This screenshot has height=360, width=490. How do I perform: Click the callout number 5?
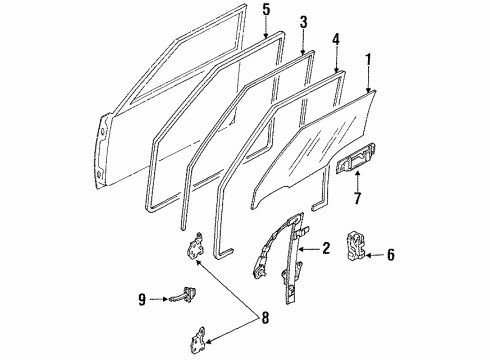(x=266, y=10)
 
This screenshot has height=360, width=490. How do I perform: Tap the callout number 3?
(x=303, y=22)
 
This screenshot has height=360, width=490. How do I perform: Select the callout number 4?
(x=336, y=40)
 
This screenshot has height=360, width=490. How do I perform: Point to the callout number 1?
(x=368, y=60)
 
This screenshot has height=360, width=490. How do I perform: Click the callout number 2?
(x=326, y=248)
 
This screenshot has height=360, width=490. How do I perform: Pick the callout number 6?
(x=391, y=255)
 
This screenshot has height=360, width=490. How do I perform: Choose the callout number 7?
(x=357, y=198)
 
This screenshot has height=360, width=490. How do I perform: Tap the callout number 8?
(x=265, y=318)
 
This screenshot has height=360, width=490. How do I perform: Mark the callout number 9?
(x=142, y=299)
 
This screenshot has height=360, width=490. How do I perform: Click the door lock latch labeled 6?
(x=356, y=246)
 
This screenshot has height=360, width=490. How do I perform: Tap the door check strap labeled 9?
(x=184, y=295)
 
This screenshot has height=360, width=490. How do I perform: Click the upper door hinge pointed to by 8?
(x=196, y=245)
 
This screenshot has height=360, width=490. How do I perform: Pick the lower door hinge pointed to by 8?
(x=198, y=340)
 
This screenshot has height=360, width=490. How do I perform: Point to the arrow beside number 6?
(x=375, y=256)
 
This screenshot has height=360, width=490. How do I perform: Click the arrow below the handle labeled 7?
(x=358, y=181)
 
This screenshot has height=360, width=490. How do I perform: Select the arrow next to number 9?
(x=158, y=299)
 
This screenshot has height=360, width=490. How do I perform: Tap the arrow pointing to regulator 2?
(x=309, y=249)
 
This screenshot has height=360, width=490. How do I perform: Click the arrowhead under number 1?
(x=369, y=90)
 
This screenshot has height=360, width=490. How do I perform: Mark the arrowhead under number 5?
(x=266, y=35)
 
